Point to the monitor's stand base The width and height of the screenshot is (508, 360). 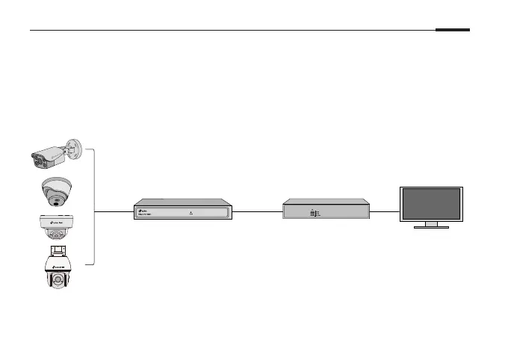(x=432, y=226)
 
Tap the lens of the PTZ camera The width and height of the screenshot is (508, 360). (x=57, y=282)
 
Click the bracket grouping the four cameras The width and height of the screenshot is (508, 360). (x=94, y=206)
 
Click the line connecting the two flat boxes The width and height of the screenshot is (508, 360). (x=258, y=211)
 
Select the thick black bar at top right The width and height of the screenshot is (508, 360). (x=453, y=31)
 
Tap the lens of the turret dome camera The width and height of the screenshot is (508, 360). (x=54, y=202)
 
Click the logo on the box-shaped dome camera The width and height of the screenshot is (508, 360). (x=56, y=222)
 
